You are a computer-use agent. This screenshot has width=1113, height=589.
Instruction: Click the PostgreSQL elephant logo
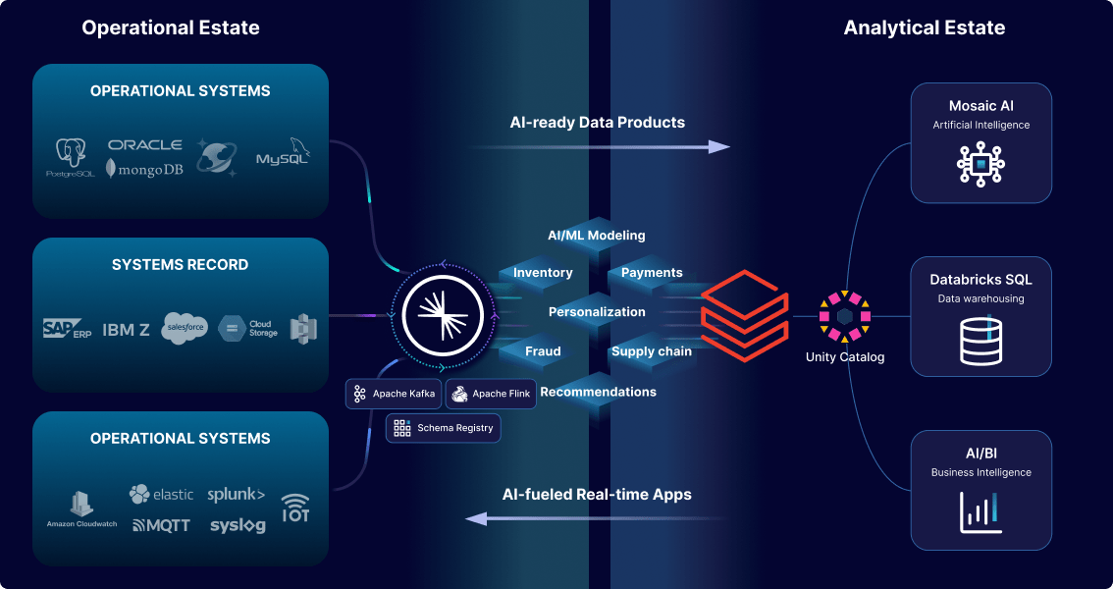[71, 154]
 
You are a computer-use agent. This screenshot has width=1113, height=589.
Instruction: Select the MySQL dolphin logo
[283, 153]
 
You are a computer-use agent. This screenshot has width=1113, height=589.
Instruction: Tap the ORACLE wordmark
[144, 144]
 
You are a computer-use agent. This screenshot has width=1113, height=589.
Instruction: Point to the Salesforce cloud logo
[184, 329]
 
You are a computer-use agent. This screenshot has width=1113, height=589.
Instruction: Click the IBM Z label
[126, 330]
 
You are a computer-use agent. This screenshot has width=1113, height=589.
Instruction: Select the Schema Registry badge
[444, 428]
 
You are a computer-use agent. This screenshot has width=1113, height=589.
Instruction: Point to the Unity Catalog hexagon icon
[845, 315]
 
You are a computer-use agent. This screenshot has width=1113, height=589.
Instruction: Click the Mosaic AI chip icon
[980, 164]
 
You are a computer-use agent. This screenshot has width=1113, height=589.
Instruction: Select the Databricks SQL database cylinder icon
[980, 339]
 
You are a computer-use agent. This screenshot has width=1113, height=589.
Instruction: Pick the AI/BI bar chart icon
[980, 511]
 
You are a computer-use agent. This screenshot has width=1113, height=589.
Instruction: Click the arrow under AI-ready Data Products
[599, 146]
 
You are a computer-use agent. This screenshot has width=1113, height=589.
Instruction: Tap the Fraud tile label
[543, 351]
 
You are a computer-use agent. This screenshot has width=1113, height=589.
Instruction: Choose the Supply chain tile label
[652, 351]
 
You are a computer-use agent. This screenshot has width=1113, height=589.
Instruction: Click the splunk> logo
[237, 495]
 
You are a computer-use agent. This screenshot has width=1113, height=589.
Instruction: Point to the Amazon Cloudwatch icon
[81, 505]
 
